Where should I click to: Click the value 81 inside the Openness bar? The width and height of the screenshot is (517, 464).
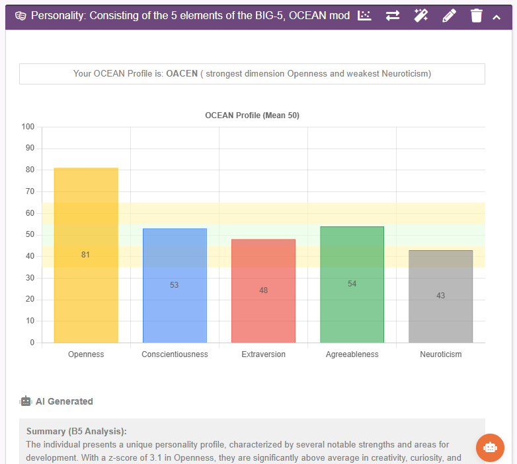point(85,255)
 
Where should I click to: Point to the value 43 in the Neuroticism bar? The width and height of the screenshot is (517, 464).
point(440,296)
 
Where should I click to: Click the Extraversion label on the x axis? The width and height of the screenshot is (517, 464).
point(263,354)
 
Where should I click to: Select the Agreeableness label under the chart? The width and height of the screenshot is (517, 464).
point(352,354)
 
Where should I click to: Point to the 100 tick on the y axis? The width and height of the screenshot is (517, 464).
point(28,127)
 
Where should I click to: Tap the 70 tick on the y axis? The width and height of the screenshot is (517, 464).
point(30,191)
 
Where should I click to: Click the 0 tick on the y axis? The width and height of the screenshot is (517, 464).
point(32,343)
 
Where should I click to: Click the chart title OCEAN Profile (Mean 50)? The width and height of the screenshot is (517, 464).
point(252,116)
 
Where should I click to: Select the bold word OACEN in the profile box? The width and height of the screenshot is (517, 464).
point(182,74)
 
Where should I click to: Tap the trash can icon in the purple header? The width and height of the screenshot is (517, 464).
point(476,16)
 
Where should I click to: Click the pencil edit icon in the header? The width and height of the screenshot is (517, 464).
point(449,16)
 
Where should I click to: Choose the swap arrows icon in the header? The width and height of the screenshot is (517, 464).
point(393,16)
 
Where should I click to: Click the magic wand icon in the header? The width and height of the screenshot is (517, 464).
point(420,16)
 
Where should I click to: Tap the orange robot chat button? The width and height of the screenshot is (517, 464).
point(490,447)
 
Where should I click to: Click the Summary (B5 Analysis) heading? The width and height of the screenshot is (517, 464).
point(76,431)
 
